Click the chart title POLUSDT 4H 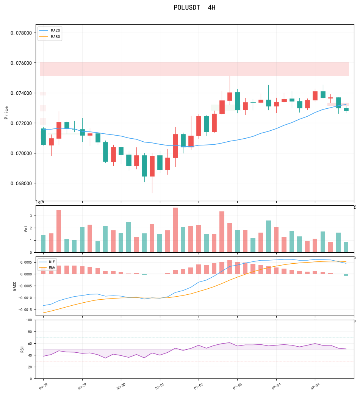[x=194, y=8]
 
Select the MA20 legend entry [x=50, y=30]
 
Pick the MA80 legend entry [x=50, y=37]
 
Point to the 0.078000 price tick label [x=21, y=33]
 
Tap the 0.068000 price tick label [x=21, y=183]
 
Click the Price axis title [x=6, y=113]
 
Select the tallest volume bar [x=175, y=230]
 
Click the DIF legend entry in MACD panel [x=47, y=262]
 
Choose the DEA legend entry [x=47, y=267]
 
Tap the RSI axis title [x=22, y=349]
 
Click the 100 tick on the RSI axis [x=29, y=320]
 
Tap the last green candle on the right [x=346, y=109]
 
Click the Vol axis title [x=26, y=229]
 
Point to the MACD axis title [x=14, y=286]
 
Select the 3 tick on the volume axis [x=31, y=216]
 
